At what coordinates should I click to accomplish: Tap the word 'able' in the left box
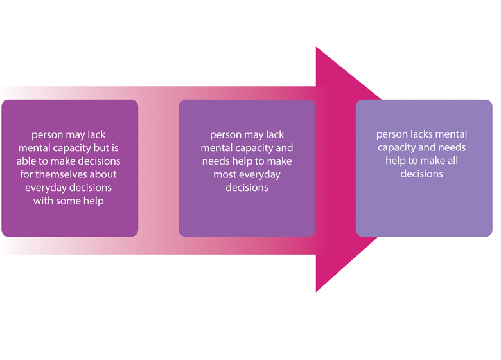(28, 161)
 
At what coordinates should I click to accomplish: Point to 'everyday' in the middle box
(260, 174)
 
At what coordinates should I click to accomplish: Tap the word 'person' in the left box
(47, 135)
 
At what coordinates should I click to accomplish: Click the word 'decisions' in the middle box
(247, 187)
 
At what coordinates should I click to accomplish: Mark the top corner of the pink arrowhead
(316, 47)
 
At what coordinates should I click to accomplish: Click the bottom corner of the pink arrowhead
(316, 291)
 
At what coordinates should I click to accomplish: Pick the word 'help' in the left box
(94, 200)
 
